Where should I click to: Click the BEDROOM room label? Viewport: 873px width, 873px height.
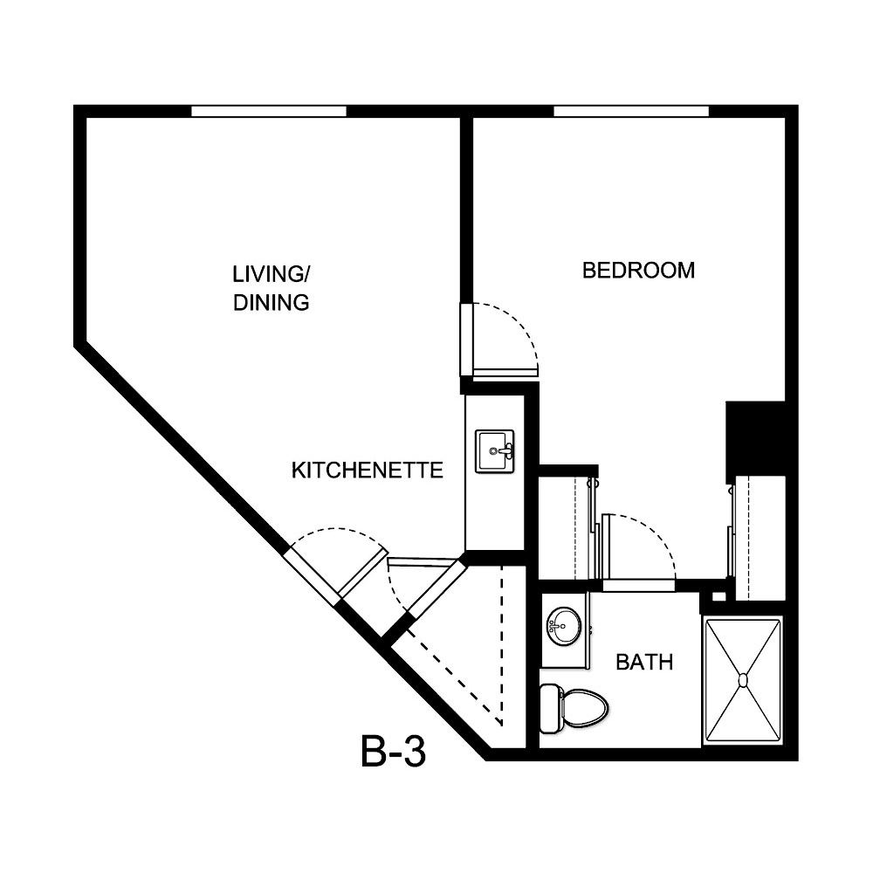click(638, 270)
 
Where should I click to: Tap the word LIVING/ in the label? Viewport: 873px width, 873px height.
click(271, 273)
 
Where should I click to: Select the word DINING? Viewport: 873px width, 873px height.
click(271, 303)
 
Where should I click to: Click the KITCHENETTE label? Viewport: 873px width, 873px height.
click(367, 471)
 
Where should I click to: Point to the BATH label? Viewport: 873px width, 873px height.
click(644, 663)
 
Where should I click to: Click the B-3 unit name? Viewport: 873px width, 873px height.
click(393, 753)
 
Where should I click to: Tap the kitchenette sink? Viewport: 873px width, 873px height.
click(494, 450)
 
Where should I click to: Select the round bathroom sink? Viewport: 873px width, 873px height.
click(564, 625)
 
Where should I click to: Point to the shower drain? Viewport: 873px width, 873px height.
click(743, 679)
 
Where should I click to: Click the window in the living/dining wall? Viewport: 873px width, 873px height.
click(269, 111)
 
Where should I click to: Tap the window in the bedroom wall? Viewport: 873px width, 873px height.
click(631, 111)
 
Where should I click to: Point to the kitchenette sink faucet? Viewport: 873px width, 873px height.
click(505, 451)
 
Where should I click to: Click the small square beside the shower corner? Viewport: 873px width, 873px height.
click(718, 597)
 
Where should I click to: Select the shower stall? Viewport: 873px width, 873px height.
click(743, 679)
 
